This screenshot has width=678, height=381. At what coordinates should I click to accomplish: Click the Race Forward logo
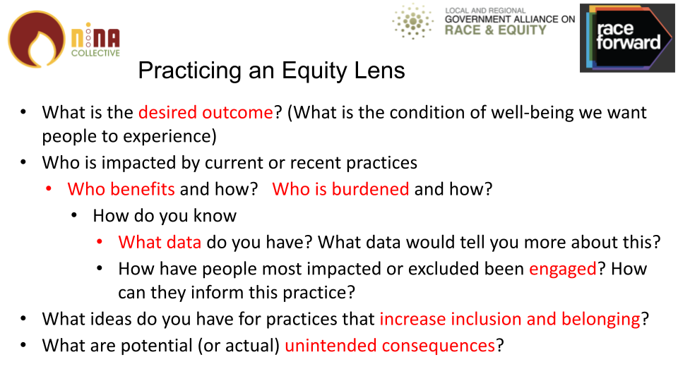pos(627,38)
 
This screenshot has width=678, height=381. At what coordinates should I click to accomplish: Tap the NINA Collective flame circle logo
pos(36,40)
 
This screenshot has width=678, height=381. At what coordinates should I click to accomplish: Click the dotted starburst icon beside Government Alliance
pos(412,21)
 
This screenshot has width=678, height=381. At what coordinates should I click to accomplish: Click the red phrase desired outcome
pos(206,112)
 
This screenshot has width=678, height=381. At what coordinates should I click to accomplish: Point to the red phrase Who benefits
pos(121,189)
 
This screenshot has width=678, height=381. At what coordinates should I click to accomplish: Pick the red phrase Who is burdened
pos(340,189)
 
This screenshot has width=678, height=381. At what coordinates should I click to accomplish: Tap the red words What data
pos(160,242)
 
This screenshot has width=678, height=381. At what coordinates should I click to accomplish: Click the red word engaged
pos(563,270)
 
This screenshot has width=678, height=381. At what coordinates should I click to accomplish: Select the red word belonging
pos(601,320)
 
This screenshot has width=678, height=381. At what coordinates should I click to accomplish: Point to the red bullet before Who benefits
pos(49,189)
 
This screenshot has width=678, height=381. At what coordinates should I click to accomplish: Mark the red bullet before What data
pos(100,242)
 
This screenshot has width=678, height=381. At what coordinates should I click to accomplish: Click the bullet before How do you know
pos(74,215)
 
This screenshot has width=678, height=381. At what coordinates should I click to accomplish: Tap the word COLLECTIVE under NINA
pos(95,53)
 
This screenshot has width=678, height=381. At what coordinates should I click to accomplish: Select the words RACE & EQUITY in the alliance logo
pos(496,30)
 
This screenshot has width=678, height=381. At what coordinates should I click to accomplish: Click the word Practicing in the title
pos(190,71)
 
